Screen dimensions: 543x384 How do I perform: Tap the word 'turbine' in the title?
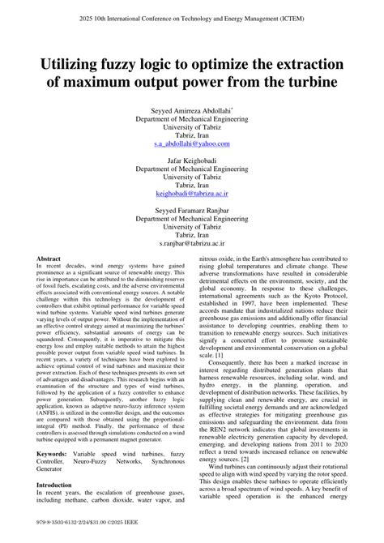point(308,83)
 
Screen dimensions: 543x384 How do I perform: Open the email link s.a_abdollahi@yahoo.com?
point(192,143)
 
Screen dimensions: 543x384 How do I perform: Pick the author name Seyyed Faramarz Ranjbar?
point(192,215)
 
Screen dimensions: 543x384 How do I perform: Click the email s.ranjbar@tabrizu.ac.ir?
point(192,242)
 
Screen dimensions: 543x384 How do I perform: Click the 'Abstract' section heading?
point(49,259)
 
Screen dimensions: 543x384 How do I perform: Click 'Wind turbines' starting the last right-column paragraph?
point(231,468)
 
